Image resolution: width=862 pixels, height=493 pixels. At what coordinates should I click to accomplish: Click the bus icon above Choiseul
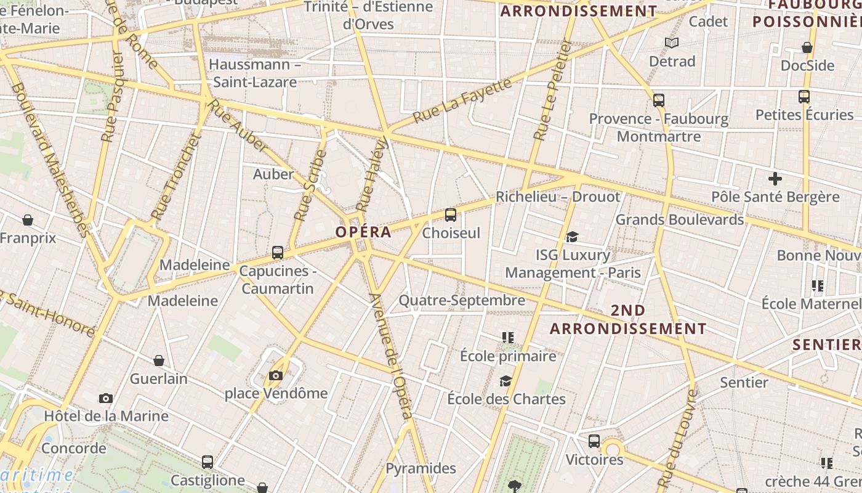[451, 215]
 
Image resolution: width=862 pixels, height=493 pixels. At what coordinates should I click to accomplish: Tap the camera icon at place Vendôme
[276, 375]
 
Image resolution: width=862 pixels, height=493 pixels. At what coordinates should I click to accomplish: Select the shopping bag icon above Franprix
[27, 220]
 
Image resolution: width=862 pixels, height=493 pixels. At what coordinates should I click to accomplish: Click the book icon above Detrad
[672, 43]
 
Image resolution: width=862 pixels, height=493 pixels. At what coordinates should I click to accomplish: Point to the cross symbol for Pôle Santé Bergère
[775, 179]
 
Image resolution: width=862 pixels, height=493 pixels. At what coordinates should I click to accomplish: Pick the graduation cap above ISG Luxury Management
[573, 237]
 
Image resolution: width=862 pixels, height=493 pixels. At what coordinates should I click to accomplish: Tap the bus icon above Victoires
[594, 441]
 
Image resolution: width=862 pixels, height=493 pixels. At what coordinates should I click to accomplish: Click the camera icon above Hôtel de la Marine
[106, 398]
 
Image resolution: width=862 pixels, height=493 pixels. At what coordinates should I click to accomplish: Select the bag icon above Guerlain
[159, 361]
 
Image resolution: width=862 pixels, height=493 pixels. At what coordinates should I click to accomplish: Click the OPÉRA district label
[363, 232]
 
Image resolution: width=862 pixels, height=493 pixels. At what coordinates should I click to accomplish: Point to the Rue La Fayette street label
[462, 100]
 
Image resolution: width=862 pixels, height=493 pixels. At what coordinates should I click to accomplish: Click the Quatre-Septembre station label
[462, 301]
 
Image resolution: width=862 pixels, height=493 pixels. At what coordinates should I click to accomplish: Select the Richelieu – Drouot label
[558, 197]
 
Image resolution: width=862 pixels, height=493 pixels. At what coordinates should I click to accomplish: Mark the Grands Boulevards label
[680, 219]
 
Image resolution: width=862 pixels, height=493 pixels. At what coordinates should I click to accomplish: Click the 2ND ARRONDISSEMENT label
[628, 319]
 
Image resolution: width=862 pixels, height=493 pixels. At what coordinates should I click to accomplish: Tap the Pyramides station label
[421, 468]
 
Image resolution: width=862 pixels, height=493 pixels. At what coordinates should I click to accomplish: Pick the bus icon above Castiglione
[207, 462]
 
